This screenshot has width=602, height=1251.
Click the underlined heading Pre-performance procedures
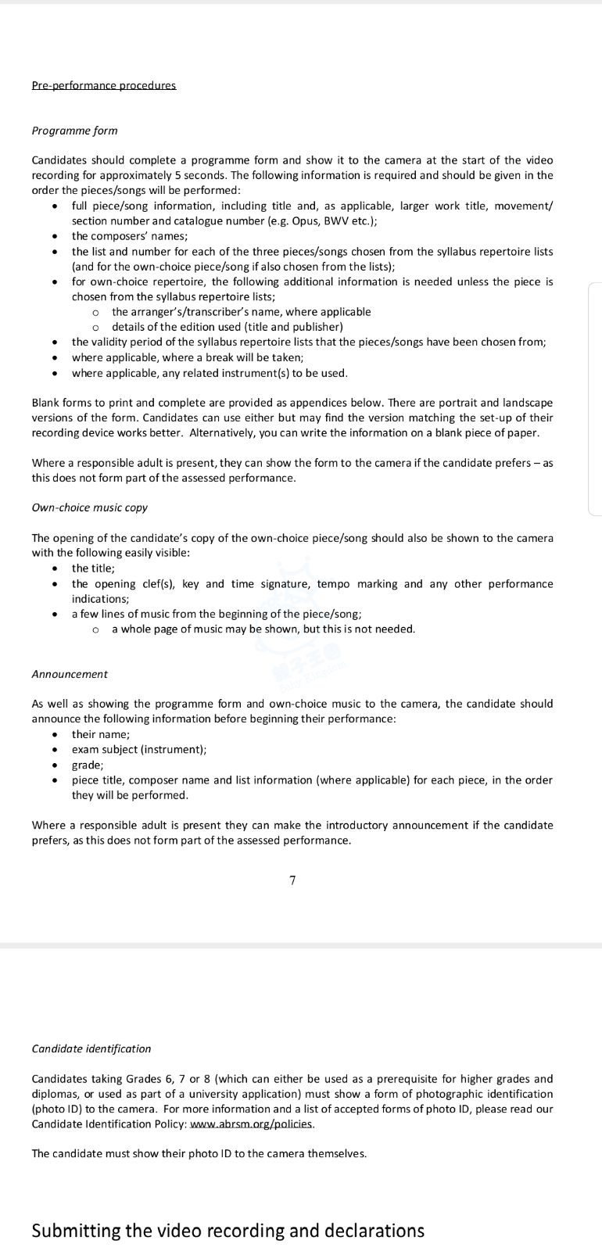coord(103,85)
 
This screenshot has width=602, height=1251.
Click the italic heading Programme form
coord(74,131)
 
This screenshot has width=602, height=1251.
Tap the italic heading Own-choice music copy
coord(89,507)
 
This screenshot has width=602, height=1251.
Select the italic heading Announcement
coord(70,674)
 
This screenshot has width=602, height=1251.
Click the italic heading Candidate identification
coord(91,1048)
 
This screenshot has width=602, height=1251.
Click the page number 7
coord(292,880)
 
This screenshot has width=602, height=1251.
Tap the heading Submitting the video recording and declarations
coord(228,1230)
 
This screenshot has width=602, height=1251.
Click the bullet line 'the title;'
coord(93,568)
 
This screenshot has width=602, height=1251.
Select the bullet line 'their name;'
coord(101,734)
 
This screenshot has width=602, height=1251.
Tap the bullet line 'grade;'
coord(88,765)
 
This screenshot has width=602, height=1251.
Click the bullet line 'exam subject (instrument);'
coord(139,749)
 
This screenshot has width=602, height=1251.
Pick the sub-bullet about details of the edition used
coord(228,327)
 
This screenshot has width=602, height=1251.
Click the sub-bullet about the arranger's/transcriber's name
coord(241,311)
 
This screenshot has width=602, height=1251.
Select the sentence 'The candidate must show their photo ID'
coord(199,1153)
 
